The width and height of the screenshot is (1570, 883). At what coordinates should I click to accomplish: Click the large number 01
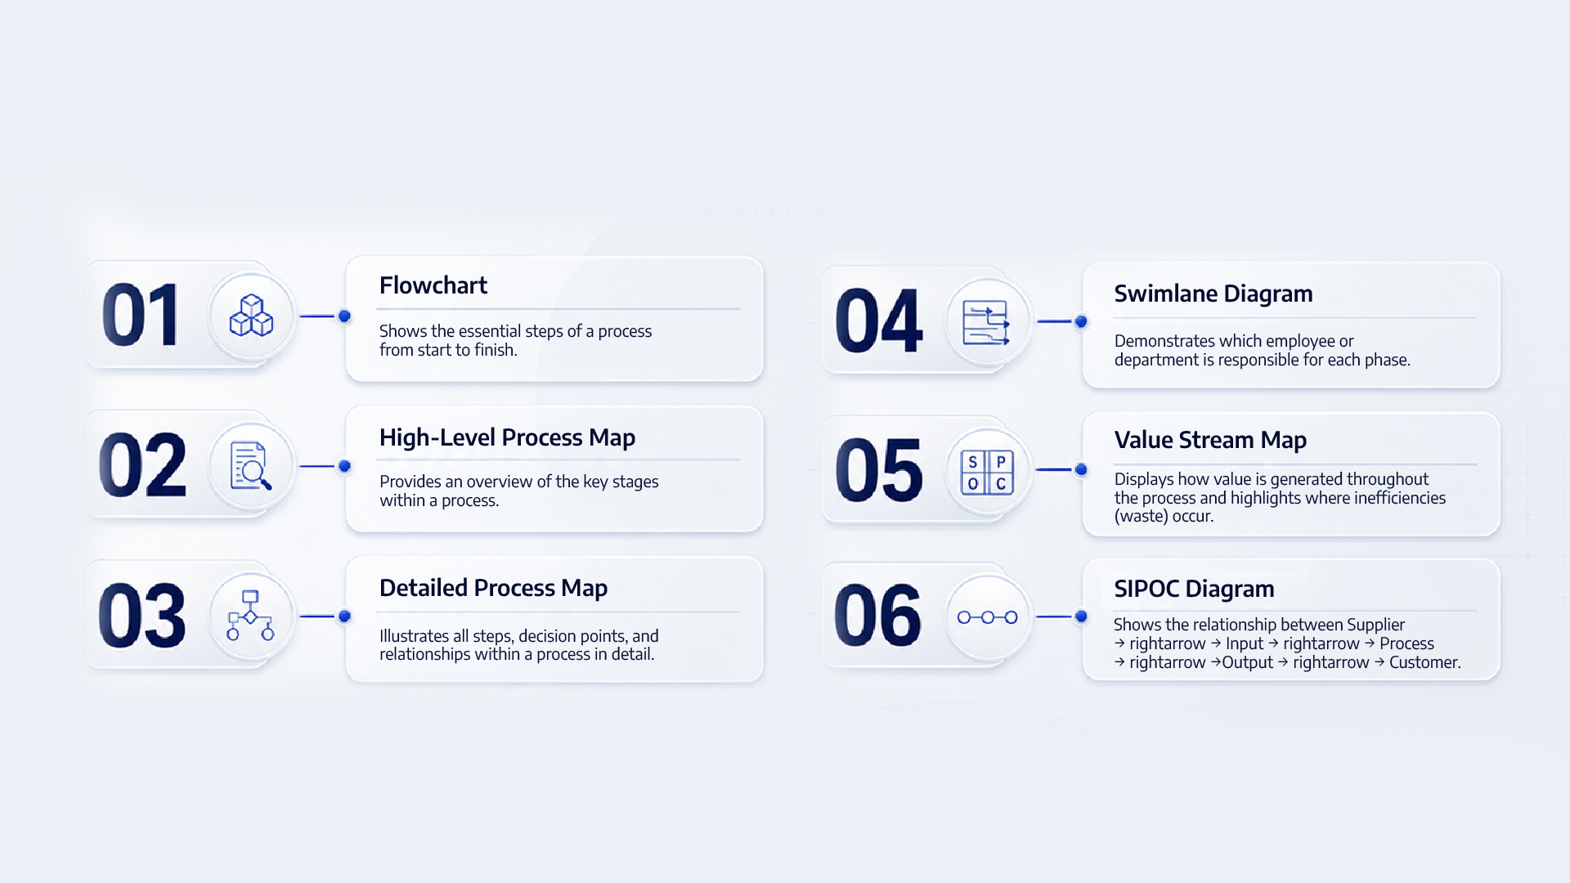click(x=140, y=315)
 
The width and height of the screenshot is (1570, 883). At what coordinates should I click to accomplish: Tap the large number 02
click(x=142, y=465)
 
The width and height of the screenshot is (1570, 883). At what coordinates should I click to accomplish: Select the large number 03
click(x=142, y=616)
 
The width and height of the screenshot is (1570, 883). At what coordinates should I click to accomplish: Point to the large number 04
click(x=879, y=320)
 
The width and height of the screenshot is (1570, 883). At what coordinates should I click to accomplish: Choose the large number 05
click(x=879, y=470)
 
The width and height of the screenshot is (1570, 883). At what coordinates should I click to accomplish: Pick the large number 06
click(x=877, y=615)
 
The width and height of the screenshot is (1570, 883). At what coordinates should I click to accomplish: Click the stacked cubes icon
click(x=251, y=316)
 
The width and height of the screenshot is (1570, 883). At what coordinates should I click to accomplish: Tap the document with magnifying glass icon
click(x=251, y=466)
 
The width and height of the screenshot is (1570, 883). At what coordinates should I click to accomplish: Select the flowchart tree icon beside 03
click(x=250, y=616)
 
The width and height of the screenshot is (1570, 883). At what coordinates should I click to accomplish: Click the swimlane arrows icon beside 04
click(x=986, y=322)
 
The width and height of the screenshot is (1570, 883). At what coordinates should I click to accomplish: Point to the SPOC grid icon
click(x=987, y=473)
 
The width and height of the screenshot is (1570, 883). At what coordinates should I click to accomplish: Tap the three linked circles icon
click(x=988, y=617)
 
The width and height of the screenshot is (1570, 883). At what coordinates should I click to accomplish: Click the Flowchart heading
click(x=433, y=285)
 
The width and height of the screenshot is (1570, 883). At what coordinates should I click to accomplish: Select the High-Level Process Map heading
click(x=507, y=437)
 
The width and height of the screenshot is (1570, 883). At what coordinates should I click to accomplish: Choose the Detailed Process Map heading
click(x=493, y=588)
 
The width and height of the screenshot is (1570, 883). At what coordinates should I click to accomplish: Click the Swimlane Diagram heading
click(x=1213, y=294)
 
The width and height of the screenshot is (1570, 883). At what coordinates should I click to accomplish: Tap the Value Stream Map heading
click(x=1210, y=440)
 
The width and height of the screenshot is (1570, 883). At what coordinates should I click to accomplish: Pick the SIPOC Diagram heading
click(x=1194, y=589)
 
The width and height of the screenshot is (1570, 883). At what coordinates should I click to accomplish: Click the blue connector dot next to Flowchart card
click(x=345, y=316)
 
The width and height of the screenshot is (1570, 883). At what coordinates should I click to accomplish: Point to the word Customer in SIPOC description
click(x=1424, y=662)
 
